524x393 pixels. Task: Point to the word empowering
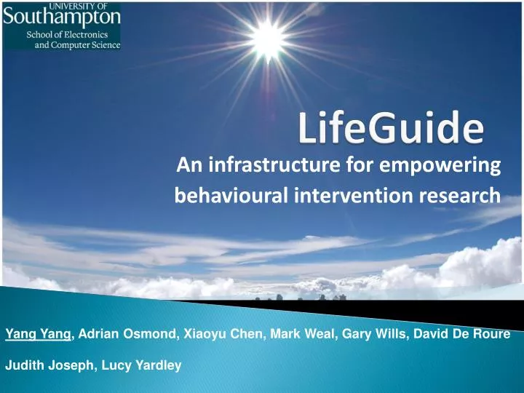(440, 168)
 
